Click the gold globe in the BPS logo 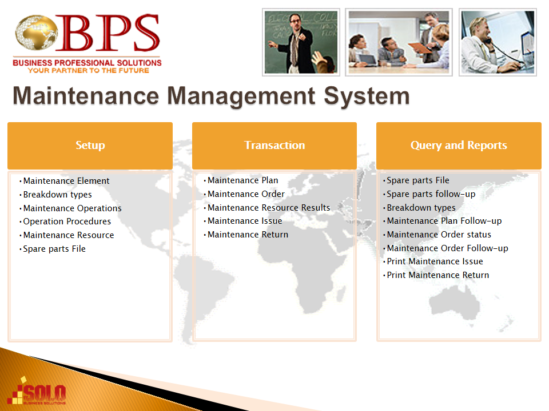(x=36, y=32)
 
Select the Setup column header (x=90, y=146)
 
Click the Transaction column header (x=274, y=146)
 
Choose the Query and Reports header (x=459, y=146)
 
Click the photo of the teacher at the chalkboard (x=301, y=42)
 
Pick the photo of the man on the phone (x=498, y=42)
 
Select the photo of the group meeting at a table (x=399, y=42)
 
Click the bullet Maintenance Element (x=66, y=181)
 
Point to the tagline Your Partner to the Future (x=88, y=71)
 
